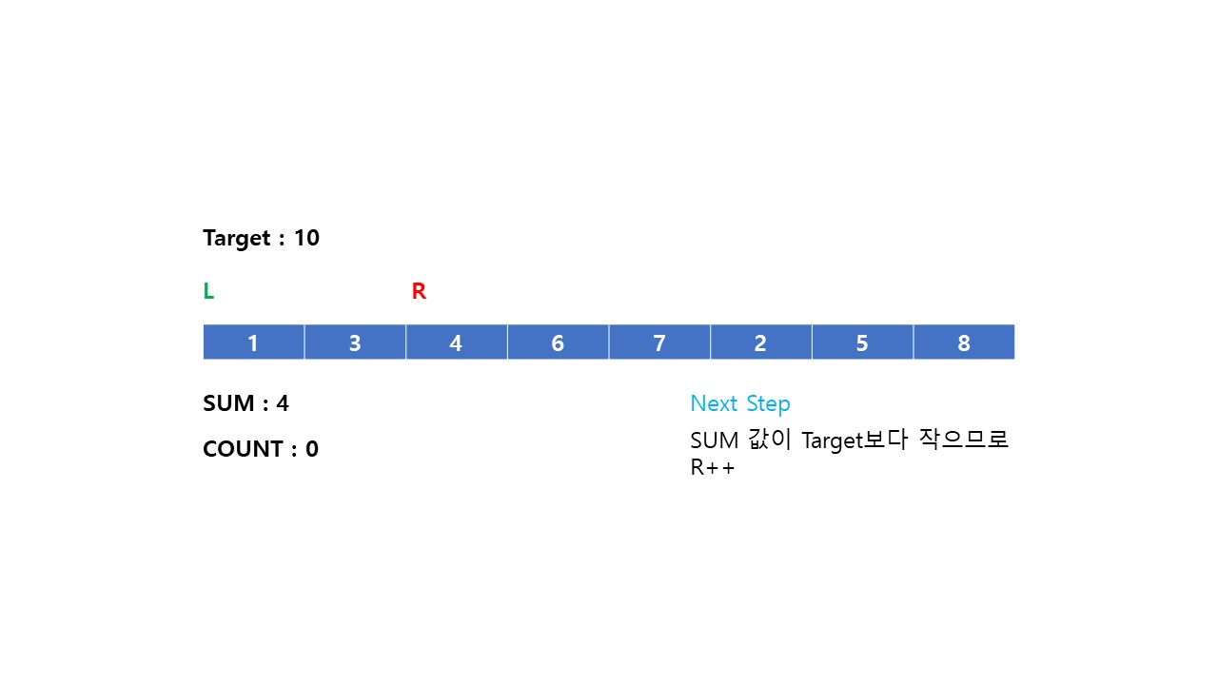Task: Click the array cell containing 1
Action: [x=253, y=342]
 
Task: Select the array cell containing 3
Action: [x=355, y=342]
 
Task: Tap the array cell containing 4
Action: [x=456, y=342]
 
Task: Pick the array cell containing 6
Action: [x=558, y=342]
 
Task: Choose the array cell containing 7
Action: [x=659, y=342]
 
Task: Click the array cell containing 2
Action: [x=760, y=342]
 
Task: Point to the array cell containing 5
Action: [x=862, y=342]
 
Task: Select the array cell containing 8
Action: [x=964, y=342]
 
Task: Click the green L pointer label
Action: [x=208, y=292]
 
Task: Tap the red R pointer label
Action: [x=419, y=292]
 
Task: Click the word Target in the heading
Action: [x=237, y=238]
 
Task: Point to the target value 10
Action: [x=306, y=238]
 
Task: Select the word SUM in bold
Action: [x=228, y=403]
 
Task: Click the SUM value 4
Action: [x=283, y=403]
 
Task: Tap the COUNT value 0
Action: [x=312, y=449]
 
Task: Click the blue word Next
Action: [x=714, y=403]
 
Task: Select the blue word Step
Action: [x=768, y=403]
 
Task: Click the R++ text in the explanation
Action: [x=713, y=468]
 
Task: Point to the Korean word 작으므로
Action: [x=964, y=440]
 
